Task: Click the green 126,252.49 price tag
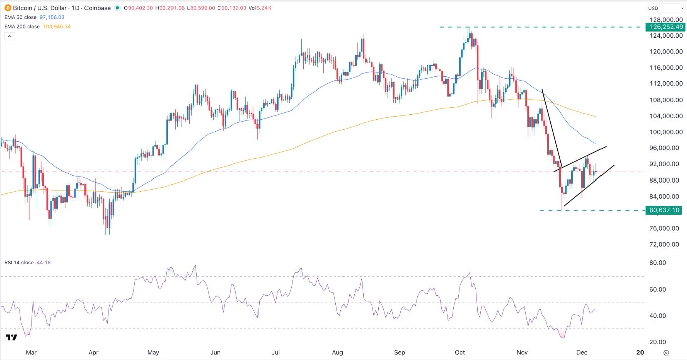tap(664, 27)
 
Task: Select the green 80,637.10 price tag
tap(664, 210)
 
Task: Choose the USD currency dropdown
tap(664, 8)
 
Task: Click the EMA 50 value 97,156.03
tap(58, 17)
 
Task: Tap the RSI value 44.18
tap(43, 262)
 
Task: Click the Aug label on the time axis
tap(338, 353)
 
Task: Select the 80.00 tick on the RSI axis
tap(658, 263)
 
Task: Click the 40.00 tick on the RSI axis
tap(658, 316)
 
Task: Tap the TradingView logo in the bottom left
tap(11, 337)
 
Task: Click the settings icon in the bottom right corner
tap(666, 353)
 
